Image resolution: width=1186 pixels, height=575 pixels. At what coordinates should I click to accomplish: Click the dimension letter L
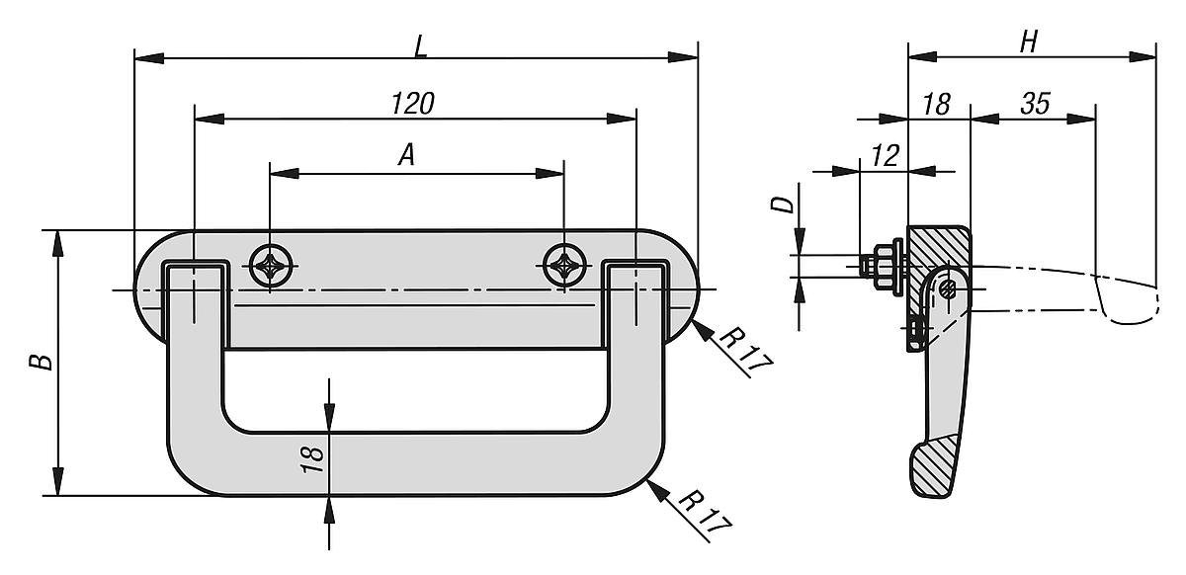tap(421, 47)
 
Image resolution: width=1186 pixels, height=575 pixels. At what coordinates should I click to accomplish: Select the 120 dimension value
tap(413, 104)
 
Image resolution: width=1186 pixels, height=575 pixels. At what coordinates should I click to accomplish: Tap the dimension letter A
tap(406, 155)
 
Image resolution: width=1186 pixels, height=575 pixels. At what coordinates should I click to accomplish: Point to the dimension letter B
tap(42, 363)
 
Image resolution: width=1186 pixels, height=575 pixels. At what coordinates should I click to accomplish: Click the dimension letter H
tap(1029, 42)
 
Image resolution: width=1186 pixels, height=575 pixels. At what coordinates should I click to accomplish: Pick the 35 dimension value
tap(1036, 104)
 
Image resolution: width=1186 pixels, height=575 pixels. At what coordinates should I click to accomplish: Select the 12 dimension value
tap(886, 156)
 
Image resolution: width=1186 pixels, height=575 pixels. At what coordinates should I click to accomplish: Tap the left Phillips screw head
tap(271, 265)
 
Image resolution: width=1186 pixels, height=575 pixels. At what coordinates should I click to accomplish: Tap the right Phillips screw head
tap(564, 265)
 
